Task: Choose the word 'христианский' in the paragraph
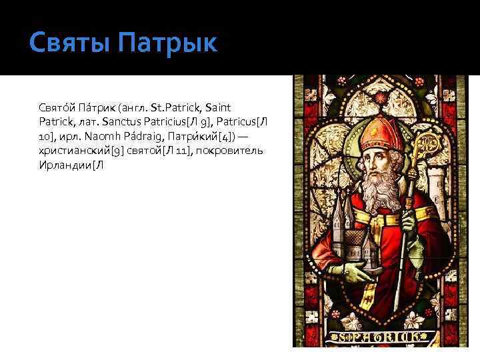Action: [73, 151]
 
